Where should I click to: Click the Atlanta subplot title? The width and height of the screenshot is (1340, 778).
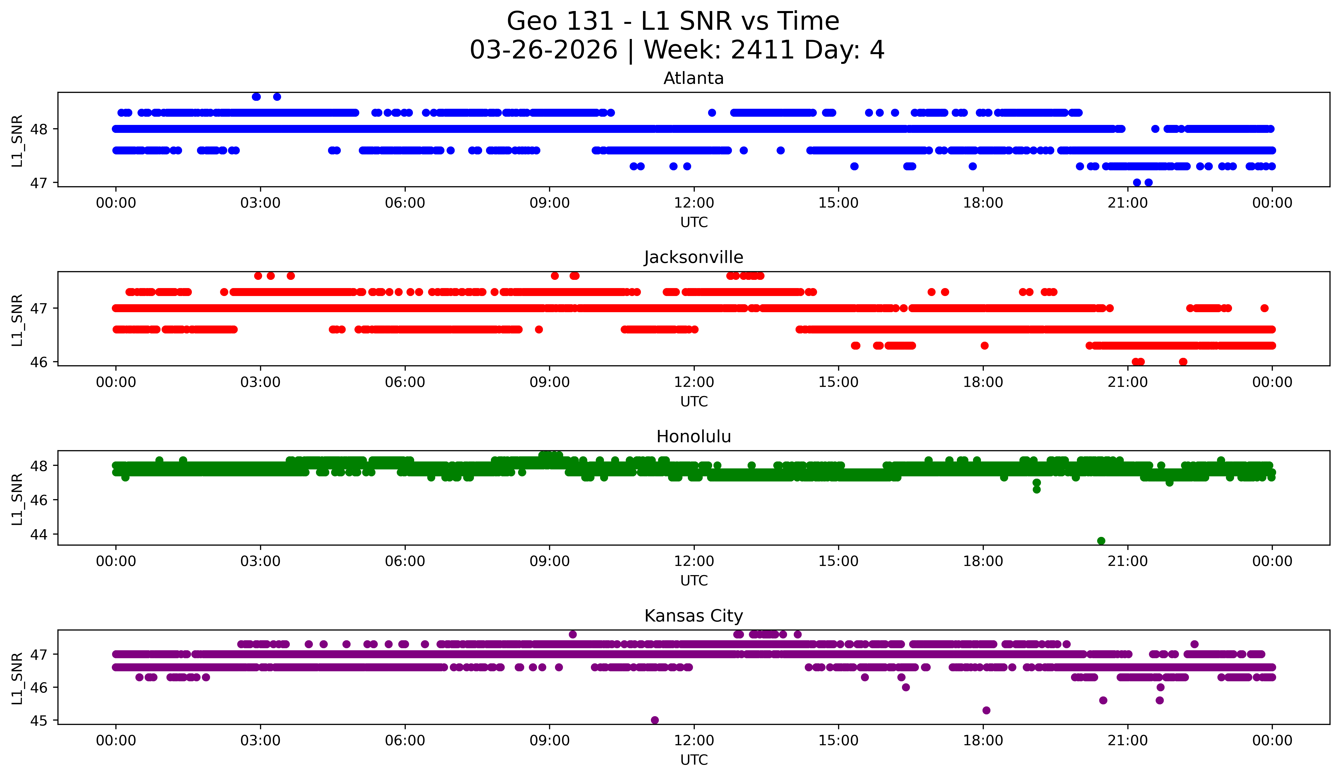click(693, 78)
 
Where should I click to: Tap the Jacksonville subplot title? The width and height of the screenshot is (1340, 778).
click(693, 257)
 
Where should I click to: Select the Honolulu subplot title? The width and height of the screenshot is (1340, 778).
click(693, 437)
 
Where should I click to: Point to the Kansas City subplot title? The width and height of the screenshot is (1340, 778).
click(693, 616)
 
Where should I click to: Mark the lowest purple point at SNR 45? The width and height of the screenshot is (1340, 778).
click(654, 720)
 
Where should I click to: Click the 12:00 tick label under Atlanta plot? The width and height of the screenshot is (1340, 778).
click(694, 203)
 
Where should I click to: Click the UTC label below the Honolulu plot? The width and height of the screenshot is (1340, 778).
click(694, 581)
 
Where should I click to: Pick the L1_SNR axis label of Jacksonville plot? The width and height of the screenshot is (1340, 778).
click(17, 320)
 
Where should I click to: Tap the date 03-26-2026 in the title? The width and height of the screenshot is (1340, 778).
click(543, 50)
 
